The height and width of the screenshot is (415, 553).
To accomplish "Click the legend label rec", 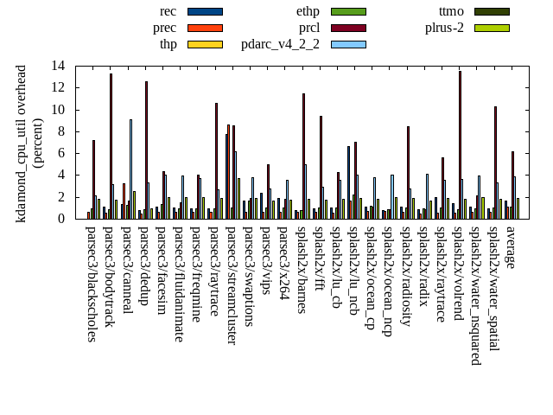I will (168, 11).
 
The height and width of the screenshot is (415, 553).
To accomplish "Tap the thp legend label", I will (168, 44).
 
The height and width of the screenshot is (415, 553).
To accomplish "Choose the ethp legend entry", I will (308, 11).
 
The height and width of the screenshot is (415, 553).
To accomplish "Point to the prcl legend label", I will (309, 28).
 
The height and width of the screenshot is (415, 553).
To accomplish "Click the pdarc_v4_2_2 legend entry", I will (280, 44).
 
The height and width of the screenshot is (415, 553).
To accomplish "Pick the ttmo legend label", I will (451, 11).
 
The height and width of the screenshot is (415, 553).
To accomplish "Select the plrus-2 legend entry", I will (444, 28).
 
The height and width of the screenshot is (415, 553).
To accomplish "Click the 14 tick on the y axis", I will (58, 66).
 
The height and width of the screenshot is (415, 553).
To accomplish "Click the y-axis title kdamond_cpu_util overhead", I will (22, 143).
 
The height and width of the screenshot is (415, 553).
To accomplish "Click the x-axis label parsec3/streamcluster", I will (232, 285).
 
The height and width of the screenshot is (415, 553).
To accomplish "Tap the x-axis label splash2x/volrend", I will (459, 278).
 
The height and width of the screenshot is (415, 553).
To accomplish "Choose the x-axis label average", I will (511, 247).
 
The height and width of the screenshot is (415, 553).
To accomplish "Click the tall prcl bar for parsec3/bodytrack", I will (111, 146).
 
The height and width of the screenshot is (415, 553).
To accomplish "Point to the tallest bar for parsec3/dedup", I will (146, 150).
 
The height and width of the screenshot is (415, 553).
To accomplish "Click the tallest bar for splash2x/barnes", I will (303, 156).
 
